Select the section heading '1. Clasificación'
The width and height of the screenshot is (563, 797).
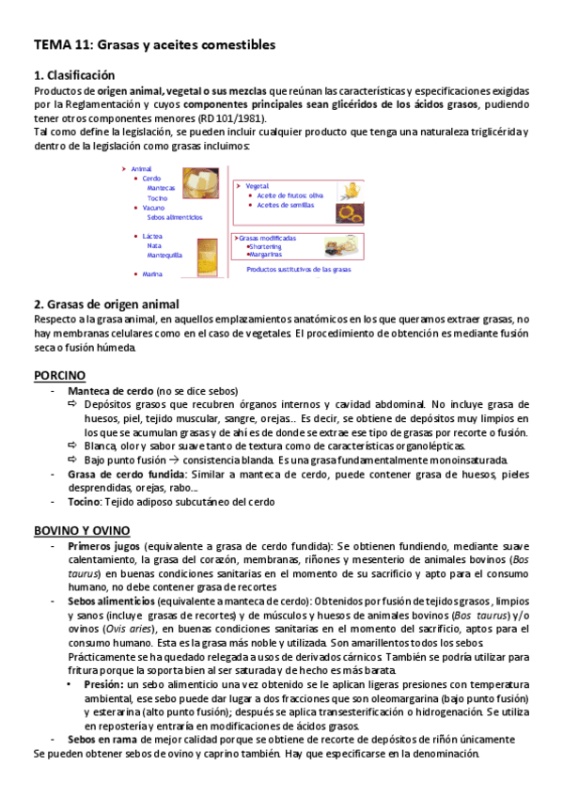coord(74,75)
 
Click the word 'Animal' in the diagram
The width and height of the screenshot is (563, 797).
coord(141,168)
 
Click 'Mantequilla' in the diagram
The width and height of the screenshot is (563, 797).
coord(164,255)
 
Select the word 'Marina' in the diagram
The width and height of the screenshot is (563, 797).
coord(152,274)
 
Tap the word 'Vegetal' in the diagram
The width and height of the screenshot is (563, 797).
coord(258,186)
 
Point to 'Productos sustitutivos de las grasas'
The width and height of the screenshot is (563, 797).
coord(298,269)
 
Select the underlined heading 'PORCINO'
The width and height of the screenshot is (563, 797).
coord(60,374)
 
